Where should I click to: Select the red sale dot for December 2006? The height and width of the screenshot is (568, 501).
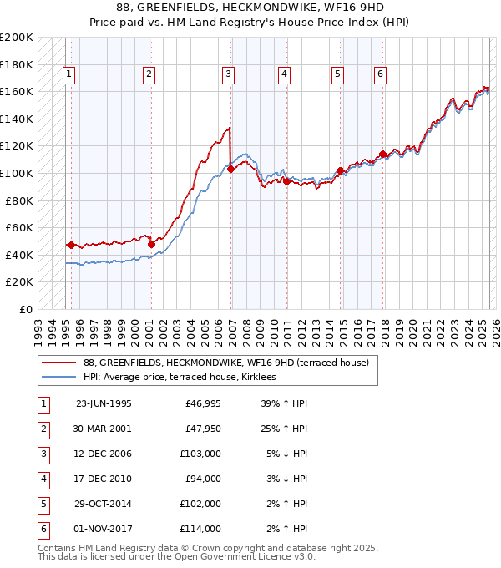(230, 170)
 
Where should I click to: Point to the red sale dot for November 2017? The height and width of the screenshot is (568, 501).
(382, 155)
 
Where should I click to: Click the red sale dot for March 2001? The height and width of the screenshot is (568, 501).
(151, 244)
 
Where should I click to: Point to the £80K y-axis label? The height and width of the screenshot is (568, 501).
(19, 200)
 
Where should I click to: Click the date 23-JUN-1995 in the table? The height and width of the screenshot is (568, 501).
(104, 403)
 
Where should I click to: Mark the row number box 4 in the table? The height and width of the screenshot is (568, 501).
(43, 479)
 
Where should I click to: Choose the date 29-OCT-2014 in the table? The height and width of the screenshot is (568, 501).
(104, 504)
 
